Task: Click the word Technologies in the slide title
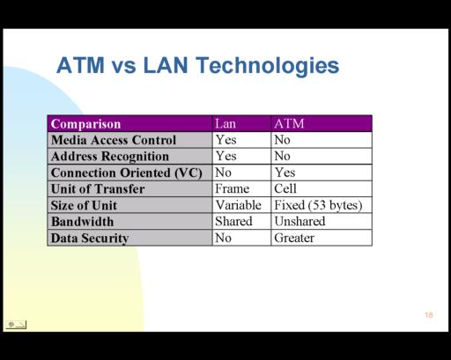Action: click(268, 66)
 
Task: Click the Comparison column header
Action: click(85, 124)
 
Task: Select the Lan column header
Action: click(225, 123)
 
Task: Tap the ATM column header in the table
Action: click(289, 123)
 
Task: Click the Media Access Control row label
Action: click(114, 140)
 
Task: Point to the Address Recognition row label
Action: click(110, 157)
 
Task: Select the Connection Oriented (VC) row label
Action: click(127, 173)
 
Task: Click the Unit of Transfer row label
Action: click(98, 189)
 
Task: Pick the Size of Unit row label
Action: click(84, 205)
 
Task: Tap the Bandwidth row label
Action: click(82, 222)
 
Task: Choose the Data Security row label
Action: click(90, 239)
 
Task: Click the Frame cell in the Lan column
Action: click(232, 188)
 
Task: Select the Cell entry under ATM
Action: click(285, 188)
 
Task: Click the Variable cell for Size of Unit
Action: click(239, 205)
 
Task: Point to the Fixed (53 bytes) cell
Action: click(318, 205)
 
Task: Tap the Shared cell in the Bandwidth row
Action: click(233, 221)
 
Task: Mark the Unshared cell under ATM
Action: click(299, 221)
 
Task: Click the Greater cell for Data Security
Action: click(294, 238)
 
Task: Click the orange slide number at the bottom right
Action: click(429, 315)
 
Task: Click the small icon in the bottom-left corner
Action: click(16, 325)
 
